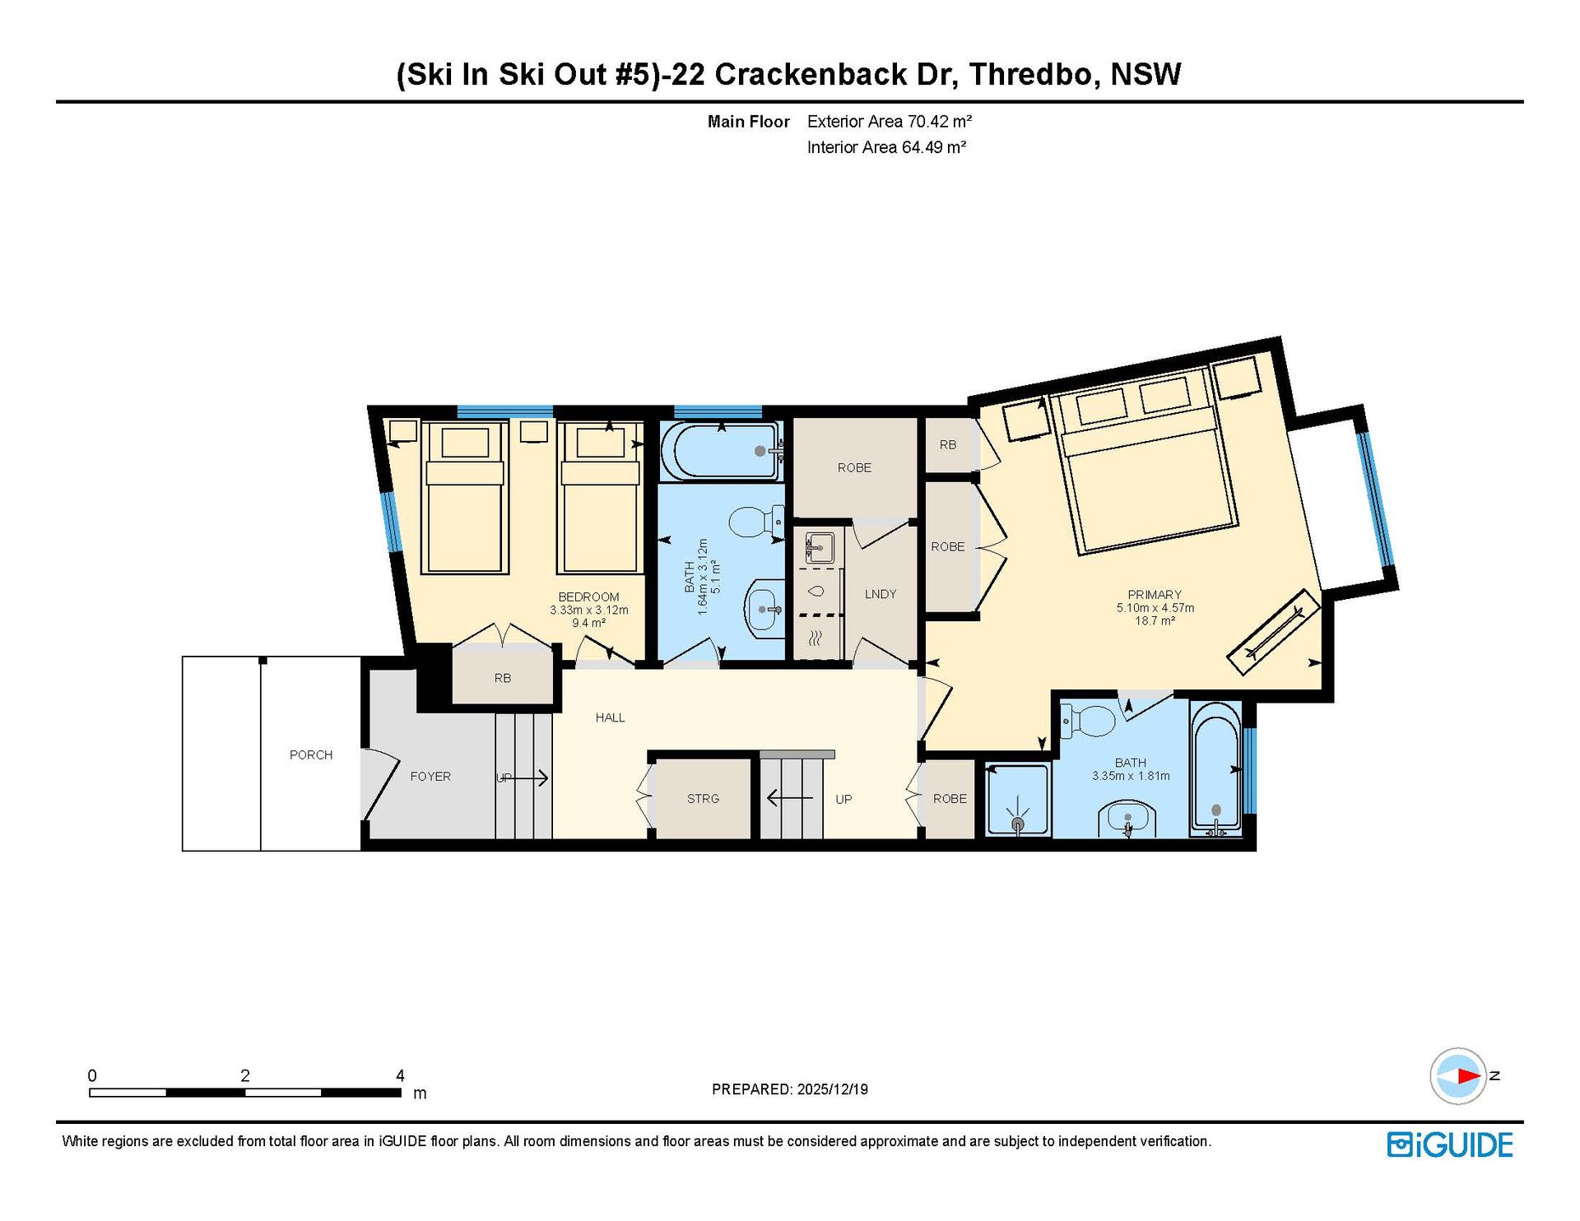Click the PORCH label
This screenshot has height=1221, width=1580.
tap(311, 754)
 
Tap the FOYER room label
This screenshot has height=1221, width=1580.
tap(430, 776)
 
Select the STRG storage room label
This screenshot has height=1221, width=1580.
tap(703, 798)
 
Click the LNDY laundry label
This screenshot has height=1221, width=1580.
tap(881, 594)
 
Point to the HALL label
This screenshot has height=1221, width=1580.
tap(610, 717)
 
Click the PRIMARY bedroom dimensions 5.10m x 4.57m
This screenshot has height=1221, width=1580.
tap(1155, 608)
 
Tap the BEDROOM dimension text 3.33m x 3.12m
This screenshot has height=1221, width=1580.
tap(589, 610)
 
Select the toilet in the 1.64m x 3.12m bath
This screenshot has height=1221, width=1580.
tap(755, 522)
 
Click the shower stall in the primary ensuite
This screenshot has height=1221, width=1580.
tap(1018, 801)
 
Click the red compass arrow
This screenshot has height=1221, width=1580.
tap(1468, 1075)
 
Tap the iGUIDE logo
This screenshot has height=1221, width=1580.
tap(1449, 1144)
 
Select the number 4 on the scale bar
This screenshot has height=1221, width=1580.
tap(400, 1075)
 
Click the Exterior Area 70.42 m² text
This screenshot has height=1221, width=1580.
tap(890, 122)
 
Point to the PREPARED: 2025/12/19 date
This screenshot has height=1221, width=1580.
tap(790, 1089)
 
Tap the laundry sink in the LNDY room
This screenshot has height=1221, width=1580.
tap(820, 547)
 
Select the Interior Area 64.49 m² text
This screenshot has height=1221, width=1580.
tap(886, 147)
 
